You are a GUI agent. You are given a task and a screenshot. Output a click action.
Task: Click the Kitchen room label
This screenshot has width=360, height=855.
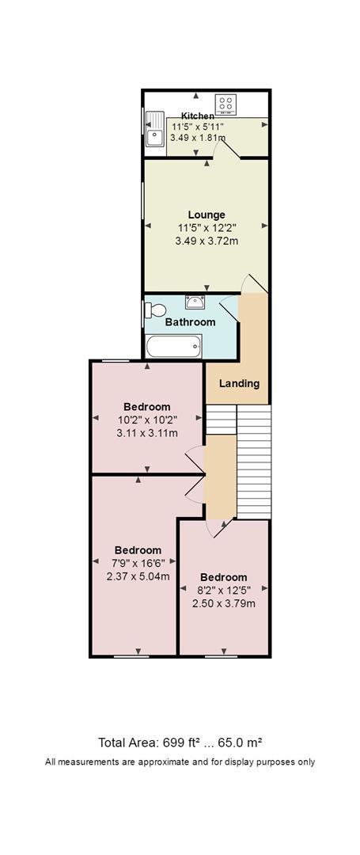pyautogui.click(x=198, y=116)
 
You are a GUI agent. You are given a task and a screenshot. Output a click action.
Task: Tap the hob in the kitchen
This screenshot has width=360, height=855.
pyautogui.click(x=225, y=104)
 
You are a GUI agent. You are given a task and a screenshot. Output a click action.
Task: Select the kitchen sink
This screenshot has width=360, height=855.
pyautogui.click(x=155, y=129)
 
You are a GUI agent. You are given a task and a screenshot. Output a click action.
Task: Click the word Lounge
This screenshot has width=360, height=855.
pyautogui.click(x=207, y=215)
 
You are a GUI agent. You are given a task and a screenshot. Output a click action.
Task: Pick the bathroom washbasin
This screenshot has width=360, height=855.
pyautogui.click(x=195, y=301)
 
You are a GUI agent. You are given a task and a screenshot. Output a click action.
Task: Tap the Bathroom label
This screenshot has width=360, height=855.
pyautogui.click(x=190, y=322)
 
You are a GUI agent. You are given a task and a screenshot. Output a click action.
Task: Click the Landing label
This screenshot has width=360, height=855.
pyautogui.click(x=239, y=383)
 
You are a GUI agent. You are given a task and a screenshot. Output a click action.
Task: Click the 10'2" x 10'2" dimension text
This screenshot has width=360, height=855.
pyautogui.click(x=147, y=420)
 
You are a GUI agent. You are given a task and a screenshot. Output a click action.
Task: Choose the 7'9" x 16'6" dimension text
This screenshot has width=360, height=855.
pyautogui.click(x=138, y=563)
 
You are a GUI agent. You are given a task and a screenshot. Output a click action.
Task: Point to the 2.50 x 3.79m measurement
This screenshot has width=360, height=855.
pyautogui.click(x=224, y=603)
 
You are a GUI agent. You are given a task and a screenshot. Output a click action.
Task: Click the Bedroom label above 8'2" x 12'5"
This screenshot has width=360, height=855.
pyautogui.click(x=223, y=577)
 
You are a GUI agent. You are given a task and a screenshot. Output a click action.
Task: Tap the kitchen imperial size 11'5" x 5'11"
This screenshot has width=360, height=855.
pyautogui.click(x=197, y=127)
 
